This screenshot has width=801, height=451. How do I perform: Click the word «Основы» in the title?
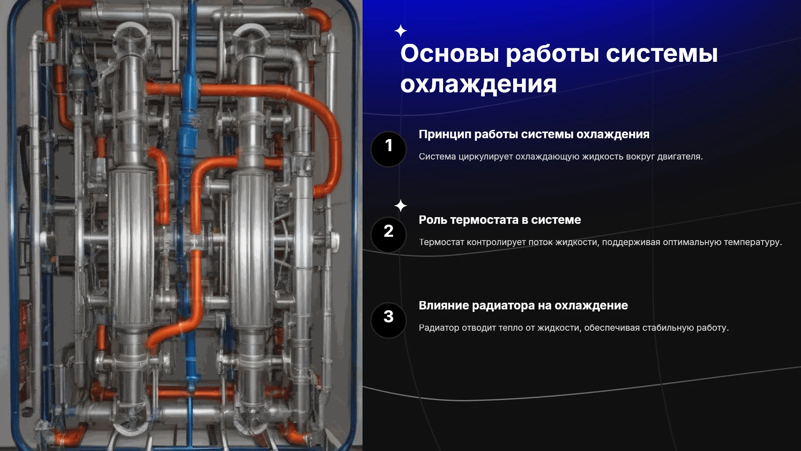pos(450,53)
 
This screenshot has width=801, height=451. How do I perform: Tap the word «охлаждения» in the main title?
pos(479,84)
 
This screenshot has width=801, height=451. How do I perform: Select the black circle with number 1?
pos(388,149)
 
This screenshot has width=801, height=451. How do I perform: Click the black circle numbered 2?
pos(388,235)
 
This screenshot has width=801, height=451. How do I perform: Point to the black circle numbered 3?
pos(388,320)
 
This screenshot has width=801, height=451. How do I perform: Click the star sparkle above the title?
pos(400,31)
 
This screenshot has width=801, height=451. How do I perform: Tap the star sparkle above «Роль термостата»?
pos(400,206)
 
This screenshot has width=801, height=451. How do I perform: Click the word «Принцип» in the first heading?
pos(445,134)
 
